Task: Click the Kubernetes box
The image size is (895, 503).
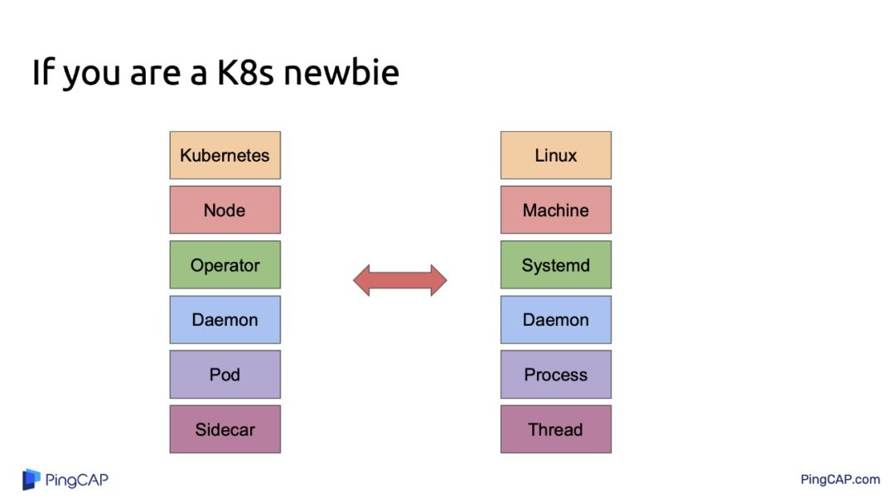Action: (x=225, y=155)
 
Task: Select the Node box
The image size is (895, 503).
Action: (x=225, y=210)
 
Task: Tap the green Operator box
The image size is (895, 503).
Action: (x=225, y=265)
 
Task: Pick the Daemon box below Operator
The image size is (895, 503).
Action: (x=225, y=320)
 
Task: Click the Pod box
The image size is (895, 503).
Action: (x=225, y=375)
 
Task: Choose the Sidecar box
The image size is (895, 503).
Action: (x=225, y=429)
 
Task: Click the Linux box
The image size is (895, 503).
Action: (x=555, y=155)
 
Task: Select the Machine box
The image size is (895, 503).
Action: (x=555, y=210)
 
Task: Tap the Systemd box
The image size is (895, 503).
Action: (x=555, y=265)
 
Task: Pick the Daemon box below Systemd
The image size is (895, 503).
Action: (x=555, y=320)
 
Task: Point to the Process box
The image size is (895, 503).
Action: (x=555, y=375)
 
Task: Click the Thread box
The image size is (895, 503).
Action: (x=555, y=429)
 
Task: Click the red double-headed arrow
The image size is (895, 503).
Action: (x=400, y=280)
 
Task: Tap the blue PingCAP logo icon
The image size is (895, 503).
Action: (x=31, y=479)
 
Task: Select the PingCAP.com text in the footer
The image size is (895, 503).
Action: (x=839, y=479)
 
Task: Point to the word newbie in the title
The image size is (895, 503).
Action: (x=341, y=73)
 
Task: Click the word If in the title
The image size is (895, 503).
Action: (x=43, y=73)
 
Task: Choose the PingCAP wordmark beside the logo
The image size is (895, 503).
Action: (x=77, y=480)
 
